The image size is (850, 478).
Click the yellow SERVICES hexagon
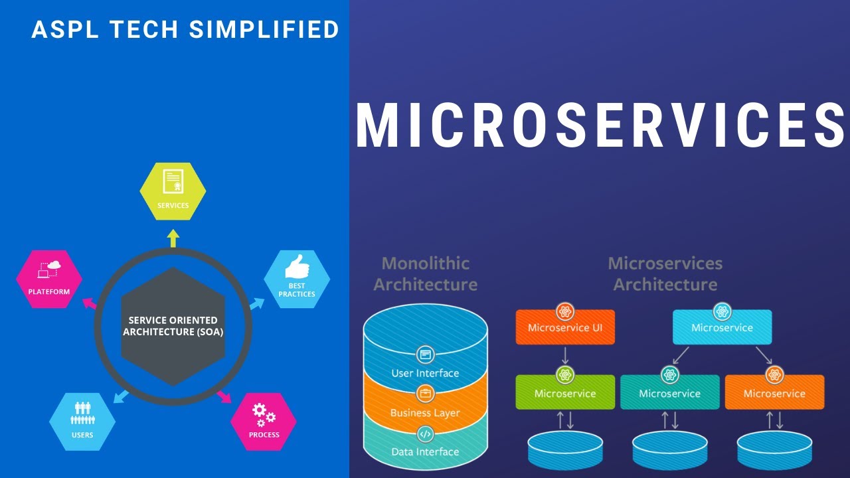[173, 191]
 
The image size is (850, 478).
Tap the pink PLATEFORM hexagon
[49, 279]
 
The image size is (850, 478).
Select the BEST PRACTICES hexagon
[297, 279]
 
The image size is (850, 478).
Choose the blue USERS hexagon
[82, 422]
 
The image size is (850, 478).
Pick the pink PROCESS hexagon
[264, 422]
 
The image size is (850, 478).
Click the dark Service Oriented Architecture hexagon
[173, 326]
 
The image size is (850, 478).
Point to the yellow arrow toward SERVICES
[173, 238]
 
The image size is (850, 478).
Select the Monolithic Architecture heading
[425, 274]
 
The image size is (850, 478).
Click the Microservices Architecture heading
[665, 274]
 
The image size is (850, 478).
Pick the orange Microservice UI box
[565, 327]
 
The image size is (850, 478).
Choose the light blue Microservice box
[722, 327]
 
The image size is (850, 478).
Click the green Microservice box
[565, 393]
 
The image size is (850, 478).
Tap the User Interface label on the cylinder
[425, 373]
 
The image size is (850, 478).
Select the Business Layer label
[425, 413]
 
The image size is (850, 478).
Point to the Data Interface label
[425, 452]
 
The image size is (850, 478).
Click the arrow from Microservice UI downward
[565, 355]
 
